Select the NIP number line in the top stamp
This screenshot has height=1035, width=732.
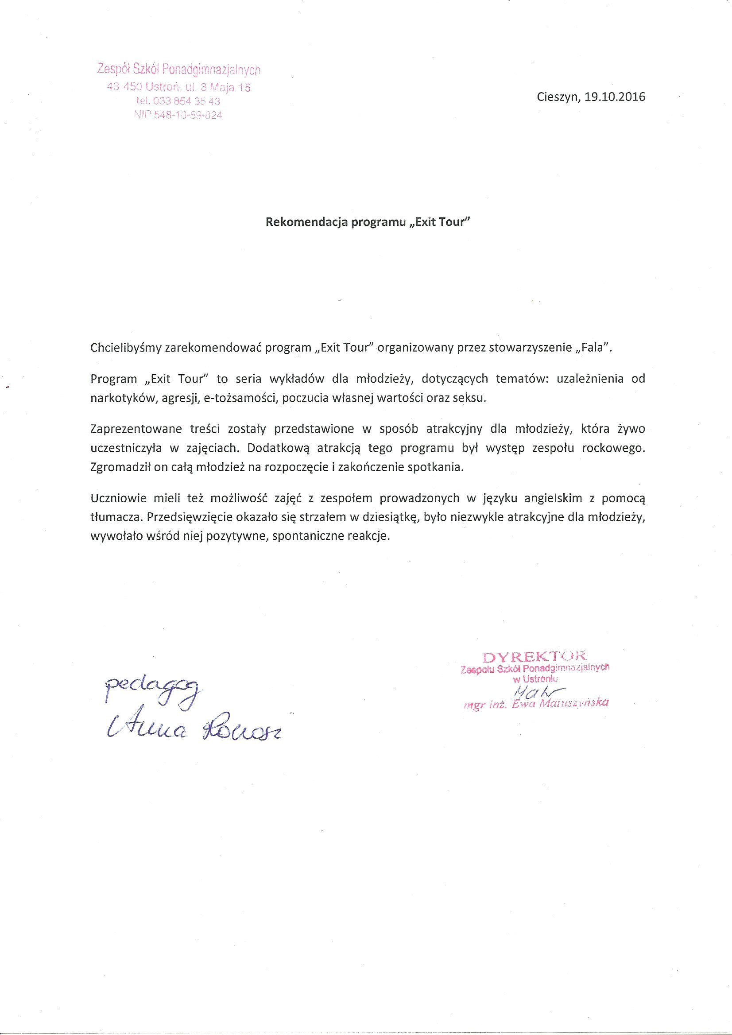click(x=178, y=116)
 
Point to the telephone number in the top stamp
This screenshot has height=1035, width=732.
click(x=178, y=101)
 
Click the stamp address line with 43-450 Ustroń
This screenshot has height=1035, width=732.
click(x=178, y=87)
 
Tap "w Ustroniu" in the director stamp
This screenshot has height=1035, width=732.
click(x=535, y=678)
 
